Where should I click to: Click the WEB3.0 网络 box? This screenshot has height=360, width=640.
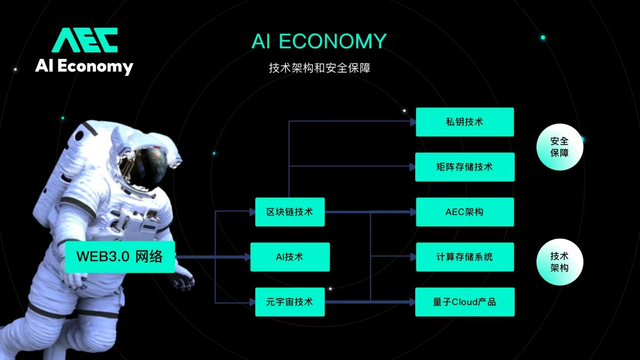pyautogui.click(x=120, y=256)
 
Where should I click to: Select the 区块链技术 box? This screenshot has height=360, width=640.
pyautogui.click(x=289, y=212)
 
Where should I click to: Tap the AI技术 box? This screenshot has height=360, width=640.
pyautogui.click(x=289, y=256)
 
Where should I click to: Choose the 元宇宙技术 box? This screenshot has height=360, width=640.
pyautogui.click(x=289, y=302)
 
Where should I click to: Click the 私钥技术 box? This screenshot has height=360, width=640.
pyautogui.click(x=464, y=122)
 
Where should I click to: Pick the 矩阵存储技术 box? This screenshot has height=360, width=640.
pyautogui.click(x=464, y=167)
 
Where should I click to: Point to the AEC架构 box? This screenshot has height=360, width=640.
pyautogui.click(x=464, y=212)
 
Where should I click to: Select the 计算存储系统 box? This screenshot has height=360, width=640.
pyautogui.click(x=464, y=256)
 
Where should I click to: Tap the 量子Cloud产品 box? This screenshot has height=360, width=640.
pyautogui.click(x=464, y=302)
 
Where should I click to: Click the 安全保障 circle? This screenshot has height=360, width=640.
pyautogui.click(x=559, y=147)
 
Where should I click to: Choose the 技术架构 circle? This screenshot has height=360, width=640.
pyautogui.click(x=559, y=262)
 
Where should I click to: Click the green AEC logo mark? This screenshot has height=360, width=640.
pyautogui.click(x=85, y=40)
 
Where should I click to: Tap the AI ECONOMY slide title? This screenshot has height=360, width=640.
pyautogui.click(x=319, y=41)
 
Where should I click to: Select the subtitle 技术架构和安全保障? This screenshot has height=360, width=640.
pyautogui.click(x=320, y=68)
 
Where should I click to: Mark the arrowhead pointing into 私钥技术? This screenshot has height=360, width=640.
pyautogui.click(x=412, y=122)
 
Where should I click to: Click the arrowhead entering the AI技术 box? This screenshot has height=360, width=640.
pyautogui.click(x=247, y=256)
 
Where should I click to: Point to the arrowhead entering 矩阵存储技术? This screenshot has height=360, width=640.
pyautogui.click(x=412, y=167)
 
